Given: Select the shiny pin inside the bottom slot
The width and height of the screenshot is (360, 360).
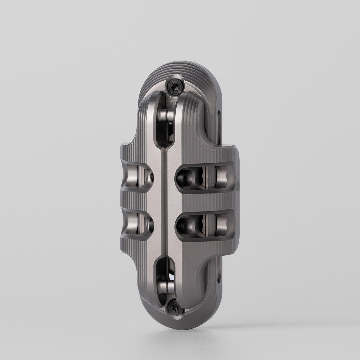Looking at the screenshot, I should point(165,285).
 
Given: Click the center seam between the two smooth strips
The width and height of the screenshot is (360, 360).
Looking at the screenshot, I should point(164,200).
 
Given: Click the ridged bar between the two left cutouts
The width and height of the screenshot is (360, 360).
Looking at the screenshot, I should point(133,199).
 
